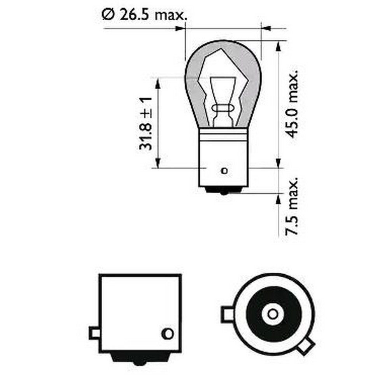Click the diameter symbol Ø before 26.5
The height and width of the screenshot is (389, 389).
[107, 16]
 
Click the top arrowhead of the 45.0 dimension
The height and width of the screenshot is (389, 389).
[278, 47]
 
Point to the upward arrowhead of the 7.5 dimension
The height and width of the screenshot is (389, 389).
[278, 199]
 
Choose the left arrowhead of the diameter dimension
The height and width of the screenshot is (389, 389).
[179, 28]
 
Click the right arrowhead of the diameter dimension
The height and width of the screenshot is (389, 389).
[266, 28]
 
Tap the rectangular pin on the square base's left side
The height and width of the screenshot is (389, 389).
[94, 333]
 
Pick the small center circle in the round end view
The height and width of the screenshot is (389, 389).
[272, 314]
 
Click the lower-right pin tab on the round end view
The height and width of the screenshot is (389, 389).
[305, 346]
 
